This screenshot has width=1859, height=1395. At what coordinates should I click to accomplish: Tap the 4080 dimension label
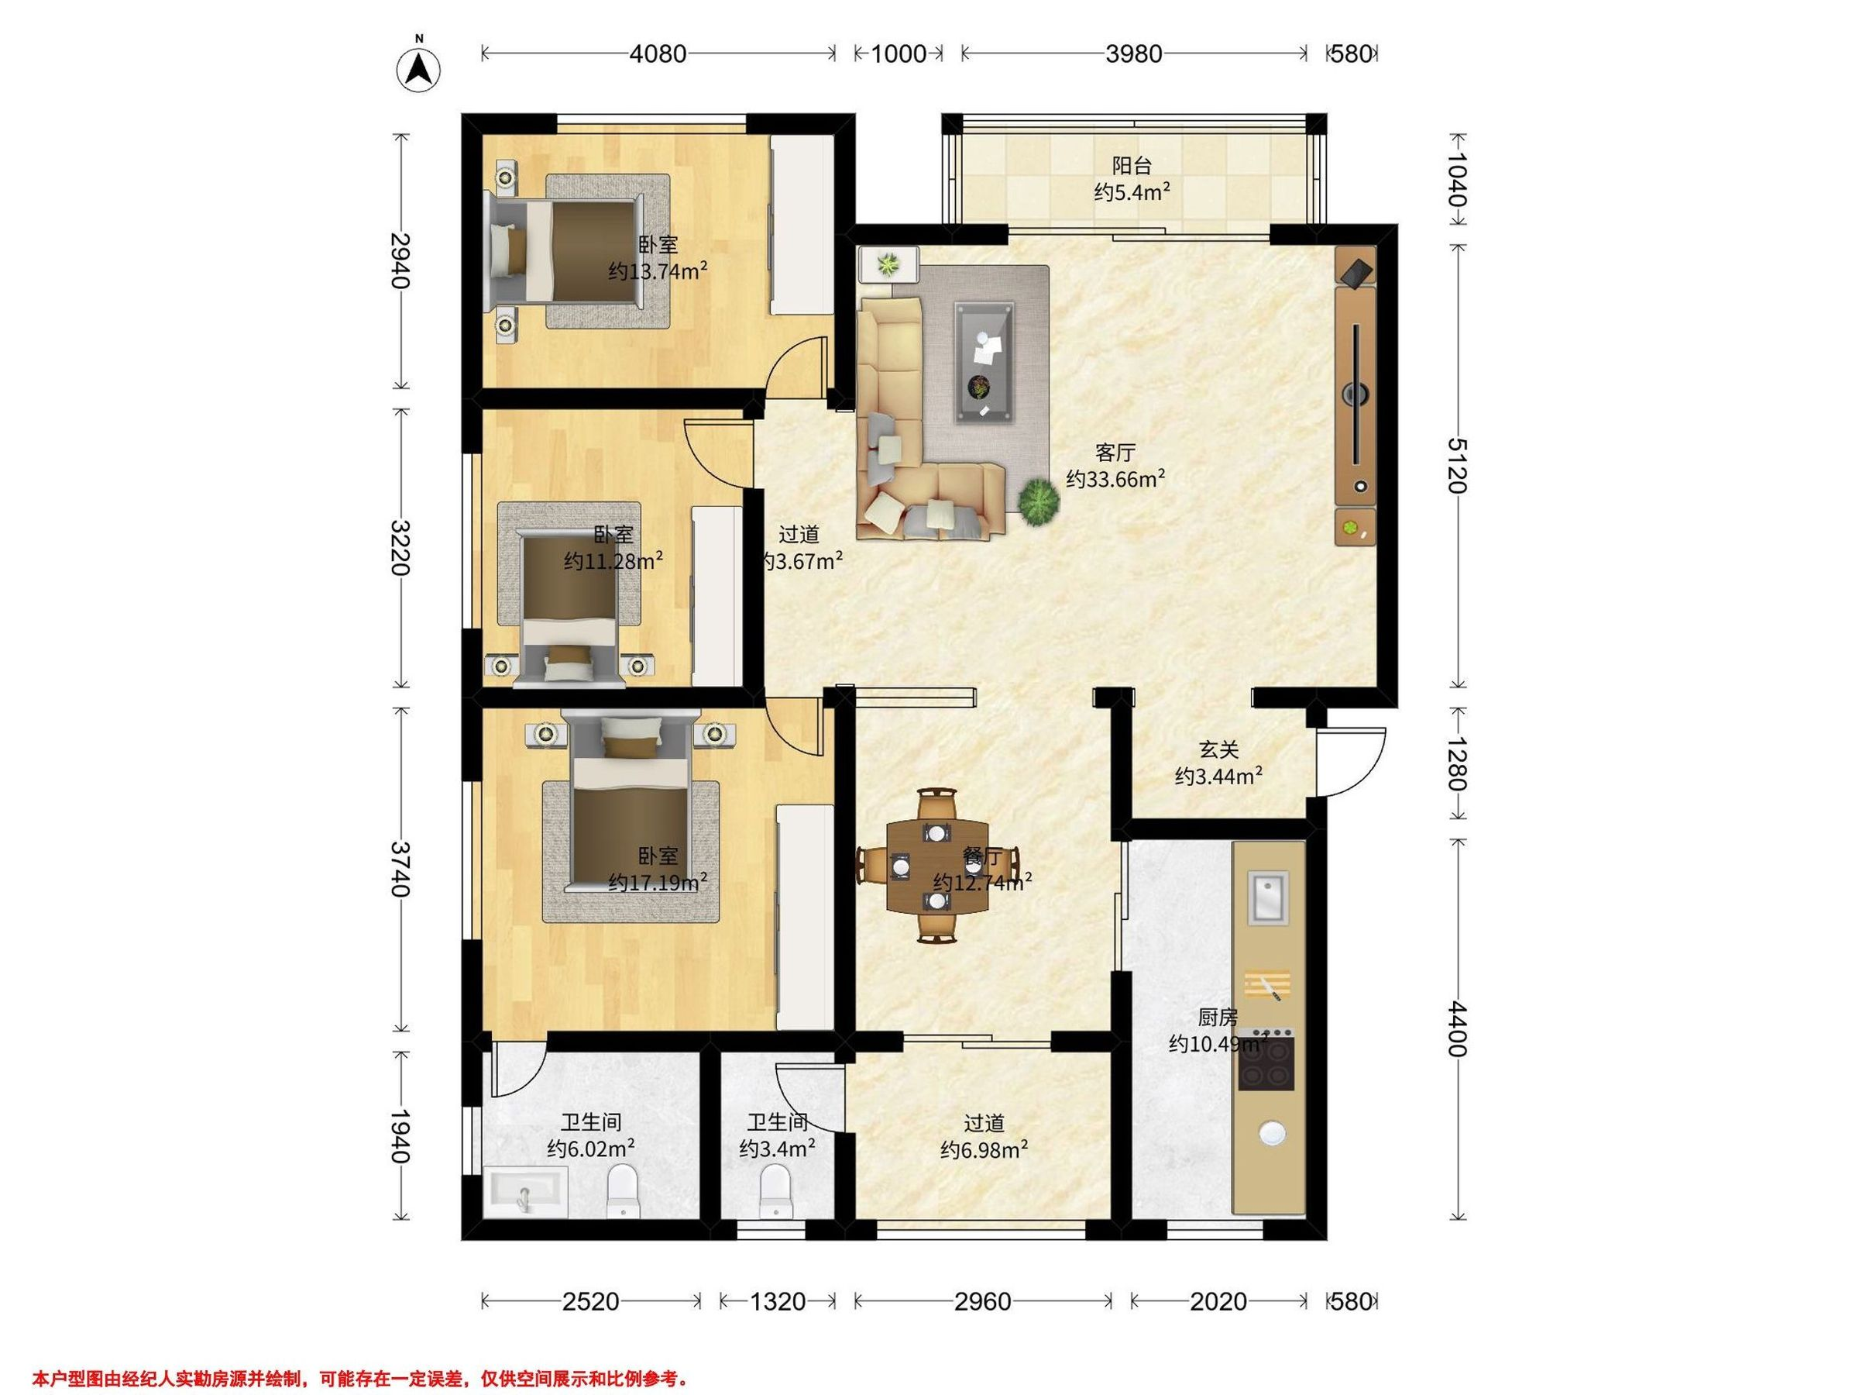click(x=658, y=53)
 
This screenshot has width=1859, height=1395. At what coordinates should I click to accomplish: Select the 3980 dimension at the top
click(x=1134, y=53)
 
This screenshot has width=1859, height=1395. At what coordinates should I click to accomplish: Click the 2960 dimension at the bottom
click(x=982, y=1302)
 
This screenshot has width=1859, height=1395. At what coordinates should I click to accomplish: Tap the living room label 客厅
click(x=1115, y=453)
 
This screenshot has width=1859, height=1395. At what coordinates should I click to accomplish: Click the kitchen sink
click(x=1268, y=897)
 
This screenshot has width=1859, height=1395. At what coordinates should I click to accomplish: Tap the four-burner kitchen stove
click(x=1266, y=1059)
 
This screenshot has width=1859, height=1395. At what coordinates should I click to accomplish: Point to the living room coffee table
click(x=983, y=362)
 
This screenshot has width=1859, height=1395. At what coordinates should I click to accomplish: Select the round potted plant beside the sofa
click(x=1039, y=504)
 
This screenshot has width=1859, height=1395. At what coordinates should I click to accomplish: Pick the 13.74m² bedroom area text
click(x=657, y=271)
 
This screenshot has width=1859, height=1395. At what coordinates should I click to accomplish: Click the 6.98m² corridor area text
click(x=984, y=1149)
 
